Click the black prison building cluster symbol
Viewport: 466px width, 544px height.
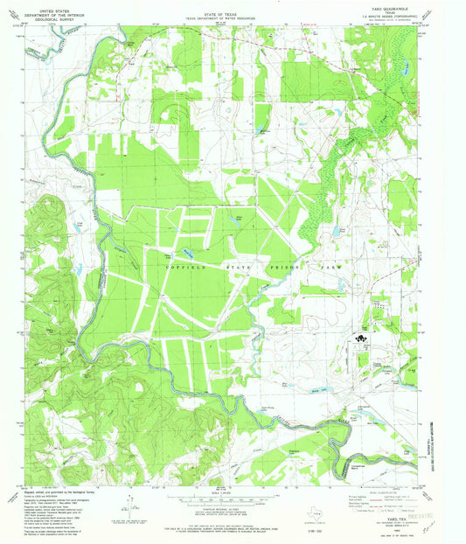[360, 335]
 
